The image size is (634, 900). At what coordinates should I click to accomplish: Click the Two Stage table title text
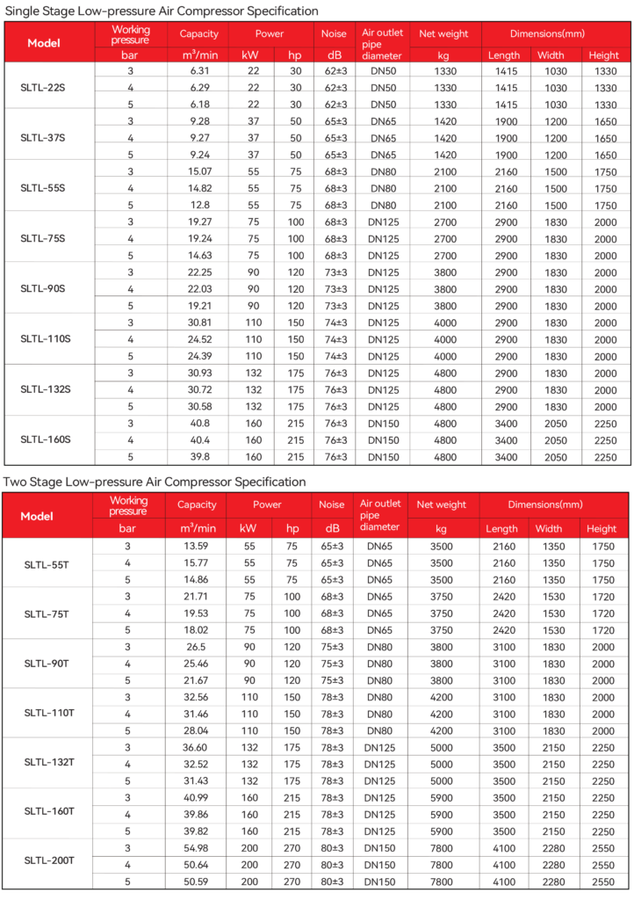155,483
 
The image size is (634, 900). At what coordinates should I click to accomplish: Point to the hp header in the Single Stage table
294,55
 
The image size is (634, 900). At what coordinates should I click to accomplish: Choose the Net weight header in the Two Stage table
442,505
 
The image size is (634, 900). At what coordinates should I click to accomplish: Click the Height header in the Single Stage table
605,55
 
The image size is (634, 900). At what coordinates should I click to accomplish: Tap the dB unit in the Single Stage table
334,55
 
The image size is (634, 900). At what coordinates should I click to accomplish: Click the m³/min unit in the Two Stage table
198,528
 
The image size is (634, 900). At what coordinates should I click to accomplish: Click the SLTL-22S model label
44,88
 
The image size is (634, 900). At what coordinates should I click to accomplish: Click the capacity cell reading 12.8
198,204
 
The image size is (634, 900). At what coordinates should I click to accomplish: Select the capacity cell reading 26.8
198,646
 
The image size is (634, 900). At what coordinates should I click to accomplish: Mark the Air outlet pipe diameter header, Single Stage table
383,43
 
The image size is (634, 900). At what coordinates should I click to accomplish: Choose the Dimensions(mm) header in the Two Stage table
554,505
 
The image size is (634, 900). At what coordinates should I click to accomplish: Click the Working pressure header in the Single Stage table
130,35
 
